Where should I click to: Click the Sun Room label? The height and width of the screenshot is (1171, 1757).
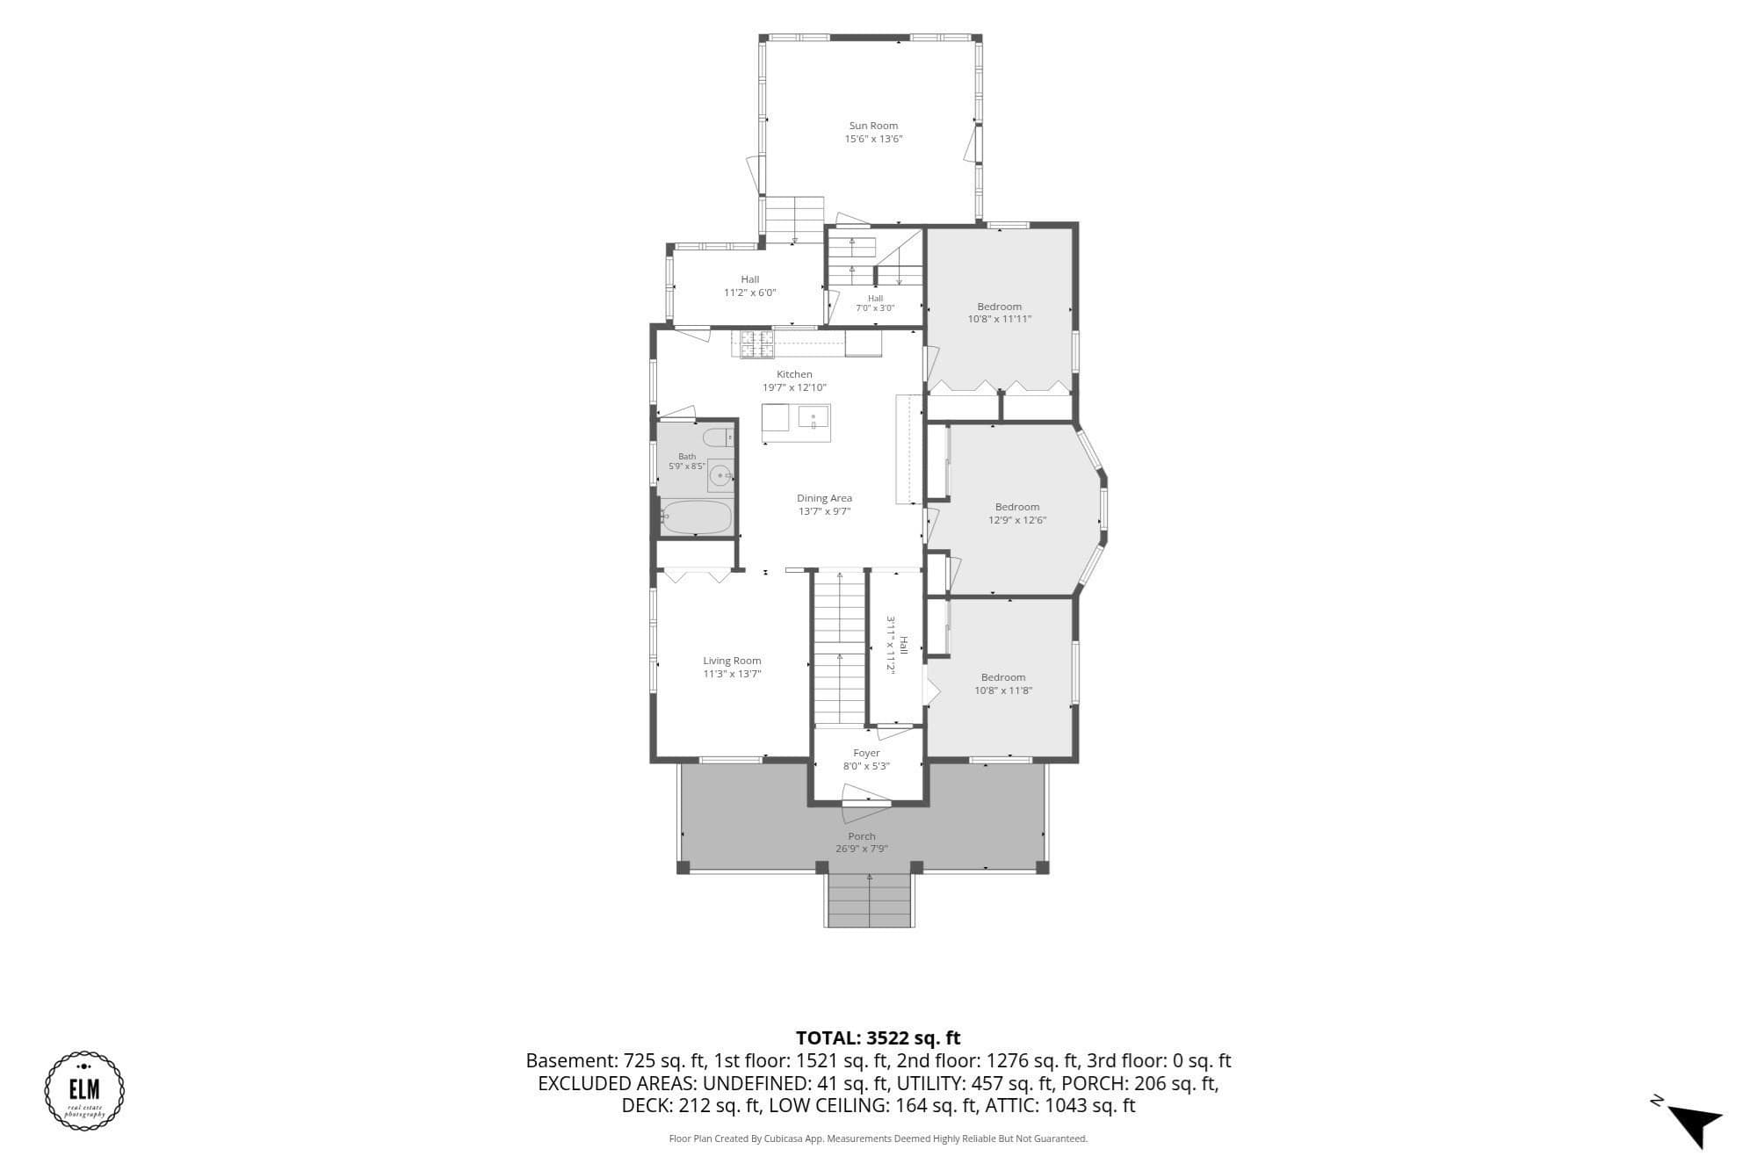873,126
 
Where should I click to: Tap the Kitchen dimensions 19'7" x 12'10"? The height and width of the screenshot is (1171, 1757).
794,387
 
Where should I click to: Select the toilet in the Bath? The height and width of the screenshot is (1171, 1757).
718,437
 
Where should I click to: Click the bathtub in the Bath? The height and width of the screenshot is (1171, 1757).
696,517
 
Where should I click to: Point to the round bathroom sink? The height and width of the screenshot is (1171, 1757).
720,476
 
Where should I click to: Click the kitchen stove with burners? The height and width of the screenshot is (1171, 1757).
756,344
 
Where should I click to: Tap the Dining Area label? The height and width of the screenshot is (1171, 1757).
824,498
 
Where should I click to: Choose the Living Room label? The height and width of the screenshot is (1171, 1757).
732,661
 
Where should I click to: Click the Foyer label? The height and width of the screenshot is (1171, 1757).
866,753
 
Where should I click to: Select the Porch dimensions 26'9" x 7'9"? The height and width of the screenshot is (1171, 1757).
862,849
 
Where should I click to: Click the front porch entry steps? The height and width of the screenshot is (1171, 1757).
870,900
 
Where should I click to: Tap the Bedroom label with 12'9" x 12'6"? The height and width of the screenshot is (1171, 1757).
1017,507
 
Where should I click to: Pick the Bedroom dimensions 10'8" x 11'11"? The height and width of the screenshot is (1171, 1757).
1000,319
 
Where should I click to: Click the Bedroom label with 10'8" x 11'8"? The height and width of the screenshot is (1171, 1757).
1003,677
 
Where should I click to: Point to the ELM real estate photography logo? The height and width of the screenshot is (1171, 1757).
84,1090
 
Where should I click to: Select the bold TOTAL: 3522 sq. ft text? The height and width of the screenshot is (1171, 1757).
878,1038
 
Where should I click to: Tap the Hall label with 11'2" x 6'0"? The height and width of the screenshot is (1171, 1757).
749,279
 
